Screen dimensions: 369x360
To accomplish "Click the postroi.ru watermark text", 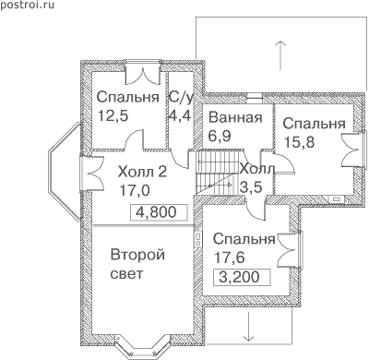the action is [27, 6].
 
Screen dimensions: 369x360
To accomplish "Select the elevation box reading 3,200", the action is [243, 277].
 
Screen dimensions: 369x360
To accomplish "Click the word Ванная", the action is [235, 117].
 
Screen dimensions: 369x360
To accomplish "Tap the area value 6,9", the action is [220, 136].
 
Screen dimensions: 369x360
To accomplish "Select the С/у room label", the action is [181, 98].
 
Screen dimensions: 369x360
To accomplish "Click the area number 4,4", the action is [180, 116].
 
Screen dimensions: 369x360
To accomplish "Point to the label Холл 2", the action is [142, 172].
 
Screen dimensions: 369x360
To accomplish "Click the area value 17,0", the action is [135, 191].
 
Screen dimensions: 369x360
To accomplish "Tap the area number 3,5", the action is [251, 187].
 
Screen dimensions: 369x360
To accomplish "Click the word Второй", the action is [137, 256].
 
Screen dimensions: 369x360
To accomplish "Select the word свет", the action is [126, 274].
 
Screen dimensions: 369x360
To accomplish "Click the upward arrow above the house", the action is [280, 55].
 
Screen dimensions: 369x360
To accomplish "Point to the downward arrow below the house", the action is [248, 326].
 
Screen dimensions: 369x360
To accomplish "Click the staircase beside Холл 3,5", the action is [217, 173].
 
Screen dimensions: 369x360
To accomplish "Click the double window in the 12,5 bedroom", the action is [143, 72].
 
